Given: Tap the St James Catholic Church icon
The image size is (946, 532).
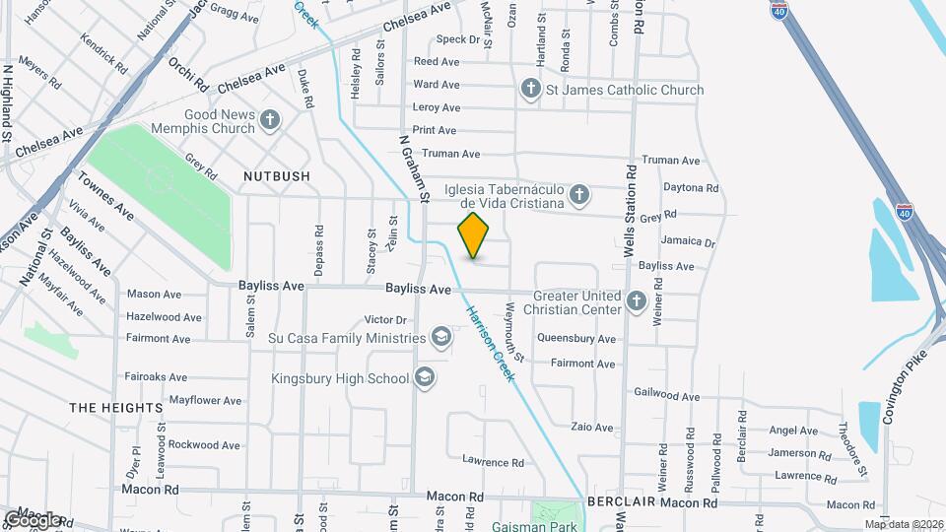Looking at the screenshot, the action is [x=531, y=91].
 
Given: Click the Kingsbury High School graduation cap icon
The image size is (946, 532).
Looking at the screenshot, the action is [x=425, y=378].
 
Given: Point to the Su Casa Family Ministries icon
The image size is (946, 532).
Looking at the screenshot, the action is [x=440, y=339].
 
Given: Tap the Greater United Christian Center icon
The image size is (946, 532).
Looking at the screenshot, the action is [x=637, y=299].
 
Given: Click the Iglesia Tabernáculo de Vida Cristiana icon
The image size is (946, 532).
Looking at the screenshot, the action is [x=580, y=194].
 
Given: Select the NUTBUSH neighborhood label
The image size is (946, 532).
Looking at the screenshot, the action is [x=277, y=175].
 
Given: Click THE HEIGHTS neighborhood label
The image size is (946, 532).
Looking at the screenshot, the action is [x=116, y=407].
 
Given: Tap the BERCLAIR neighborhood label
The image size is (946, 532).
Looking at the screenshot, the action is [x=621, y=502].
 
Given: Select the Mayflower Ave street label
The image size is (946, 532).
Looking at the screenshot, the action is [x=205, y=401].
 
